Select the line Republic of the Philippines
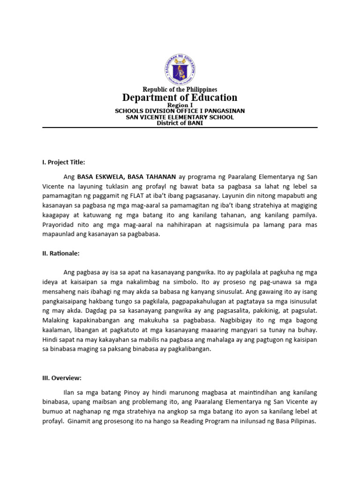(x=180, y=89)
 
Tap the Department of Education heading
(x=180, y=97)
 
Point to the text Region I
(x=180, y=105)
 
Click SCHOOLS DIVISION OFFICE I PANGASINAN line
(x=180, y=111)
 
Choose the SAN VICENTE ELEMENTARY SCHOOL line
(x=180, y=117)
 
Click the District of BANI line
(x=180, y=123)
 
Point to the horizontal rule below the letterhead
(x=180, y=127)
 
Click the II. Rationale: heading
(x=61, y=253)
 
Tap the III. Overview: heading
(x=62, y=377)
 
